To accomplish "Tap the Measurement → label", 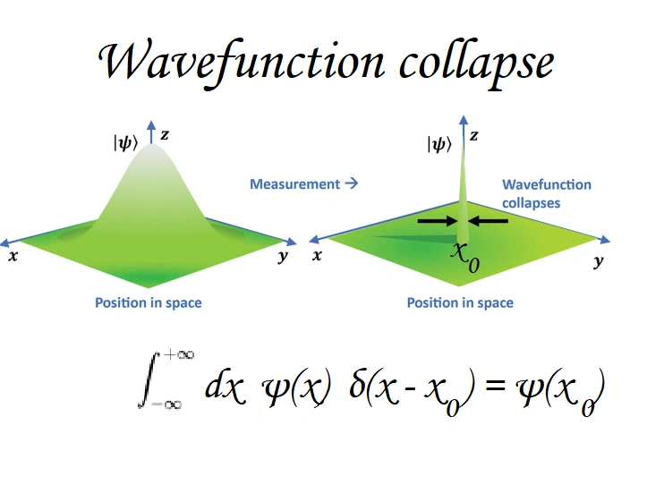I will click(303, 184).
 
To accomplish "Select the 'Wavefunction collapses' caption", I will click(546, 193).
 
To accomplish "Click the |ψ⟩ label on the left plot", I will click(125, 141).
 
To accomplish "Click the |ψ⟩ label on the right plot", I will click(438, 143).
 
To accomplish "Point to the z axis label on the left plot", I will click(165, 134).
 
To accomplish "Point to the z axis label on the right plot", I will click(474, 135).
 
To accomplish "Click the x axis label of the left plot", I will click(13, 255).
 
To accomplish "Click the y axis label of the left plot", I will click(283, 256).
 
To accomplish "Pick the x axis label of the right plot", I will click(318, 255).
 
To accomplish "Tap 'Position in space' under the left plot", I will click(149, 302).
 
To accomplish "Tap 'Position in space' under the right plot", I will click(460, 302).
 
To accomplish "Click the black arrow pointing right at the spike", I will click(438, 220).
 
